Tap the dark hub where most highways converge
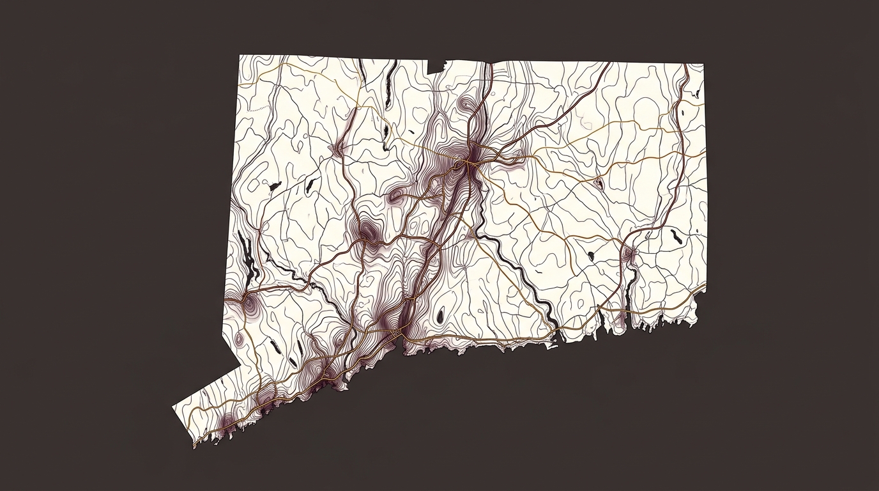click(471, 156)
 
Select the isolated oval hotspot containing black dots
click(599, 183)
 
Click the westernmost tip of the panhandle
click(174, 407)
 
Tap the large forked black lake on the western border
click(248, 256)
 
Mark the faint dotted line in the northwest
click(256, 110)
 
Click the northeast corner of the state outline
click(703, 65)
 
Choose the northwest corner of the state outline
click(240, 56)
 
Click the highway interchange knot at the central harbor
click(397, 333)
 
